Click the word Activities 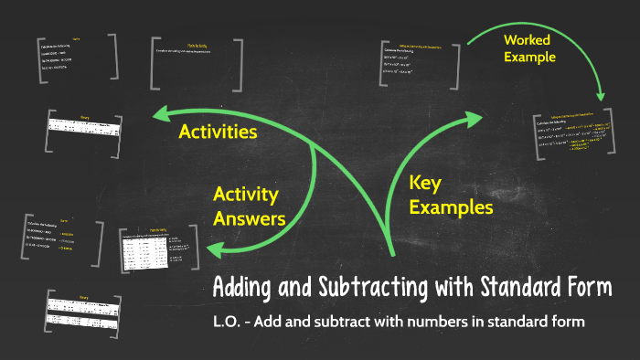[218, 132]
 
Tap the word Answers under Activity [249, 218]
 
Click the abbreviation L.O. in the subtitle [230, 323]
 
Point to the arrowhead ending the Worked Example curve [600, 94]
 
